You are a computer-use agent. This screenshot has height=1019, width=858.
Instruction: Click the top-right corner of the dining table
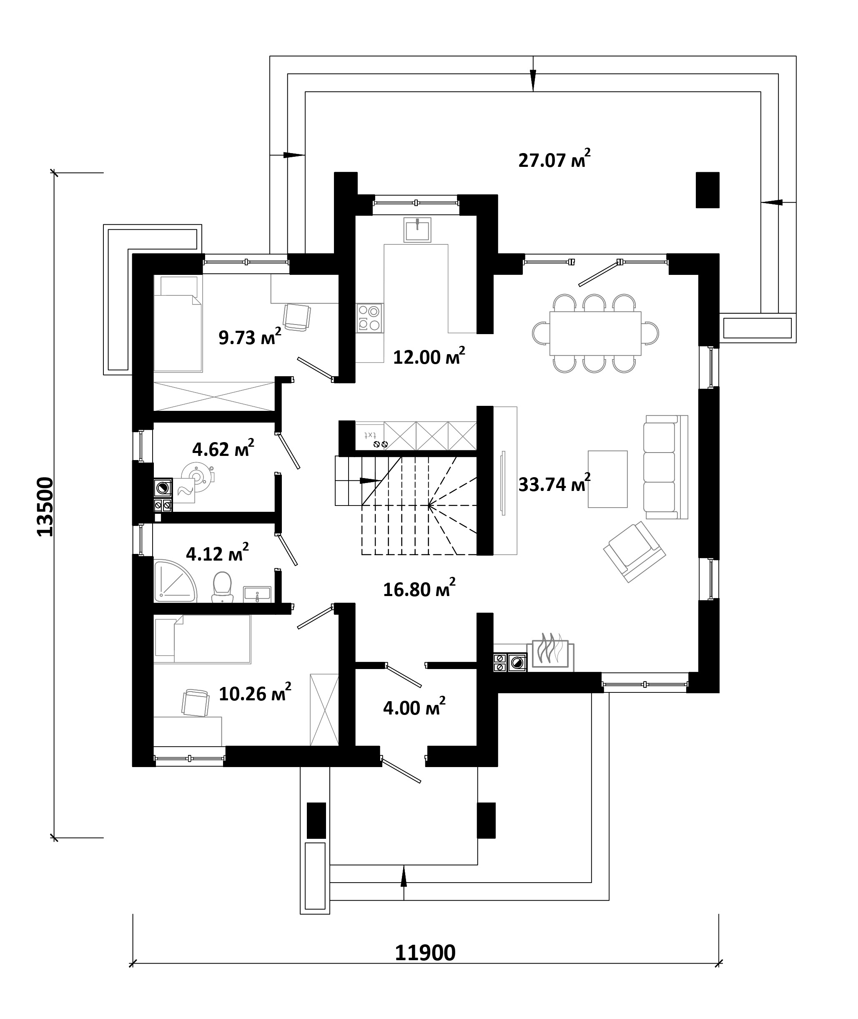(x=641, y=312)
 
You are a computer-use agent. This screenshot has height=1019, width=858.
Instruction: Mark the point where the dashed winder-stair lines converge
(x=429, y=506)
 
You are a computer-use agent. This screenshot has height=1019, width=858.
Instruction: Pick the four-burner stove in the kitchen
(x=369, y=317)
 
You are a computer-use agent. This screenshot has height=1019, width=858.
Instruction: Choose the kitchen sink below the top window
(x=417, y=230)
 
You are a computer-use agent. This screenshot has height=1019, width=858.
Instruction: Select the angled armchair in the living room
(x=634, y=552)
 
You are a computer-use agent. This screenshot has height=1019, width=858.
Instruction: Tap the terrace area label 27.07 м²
(x=554, y=159)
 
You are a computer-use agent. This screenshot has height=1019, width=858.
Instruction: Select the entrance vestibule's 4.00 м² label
(x=414, y=707)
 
